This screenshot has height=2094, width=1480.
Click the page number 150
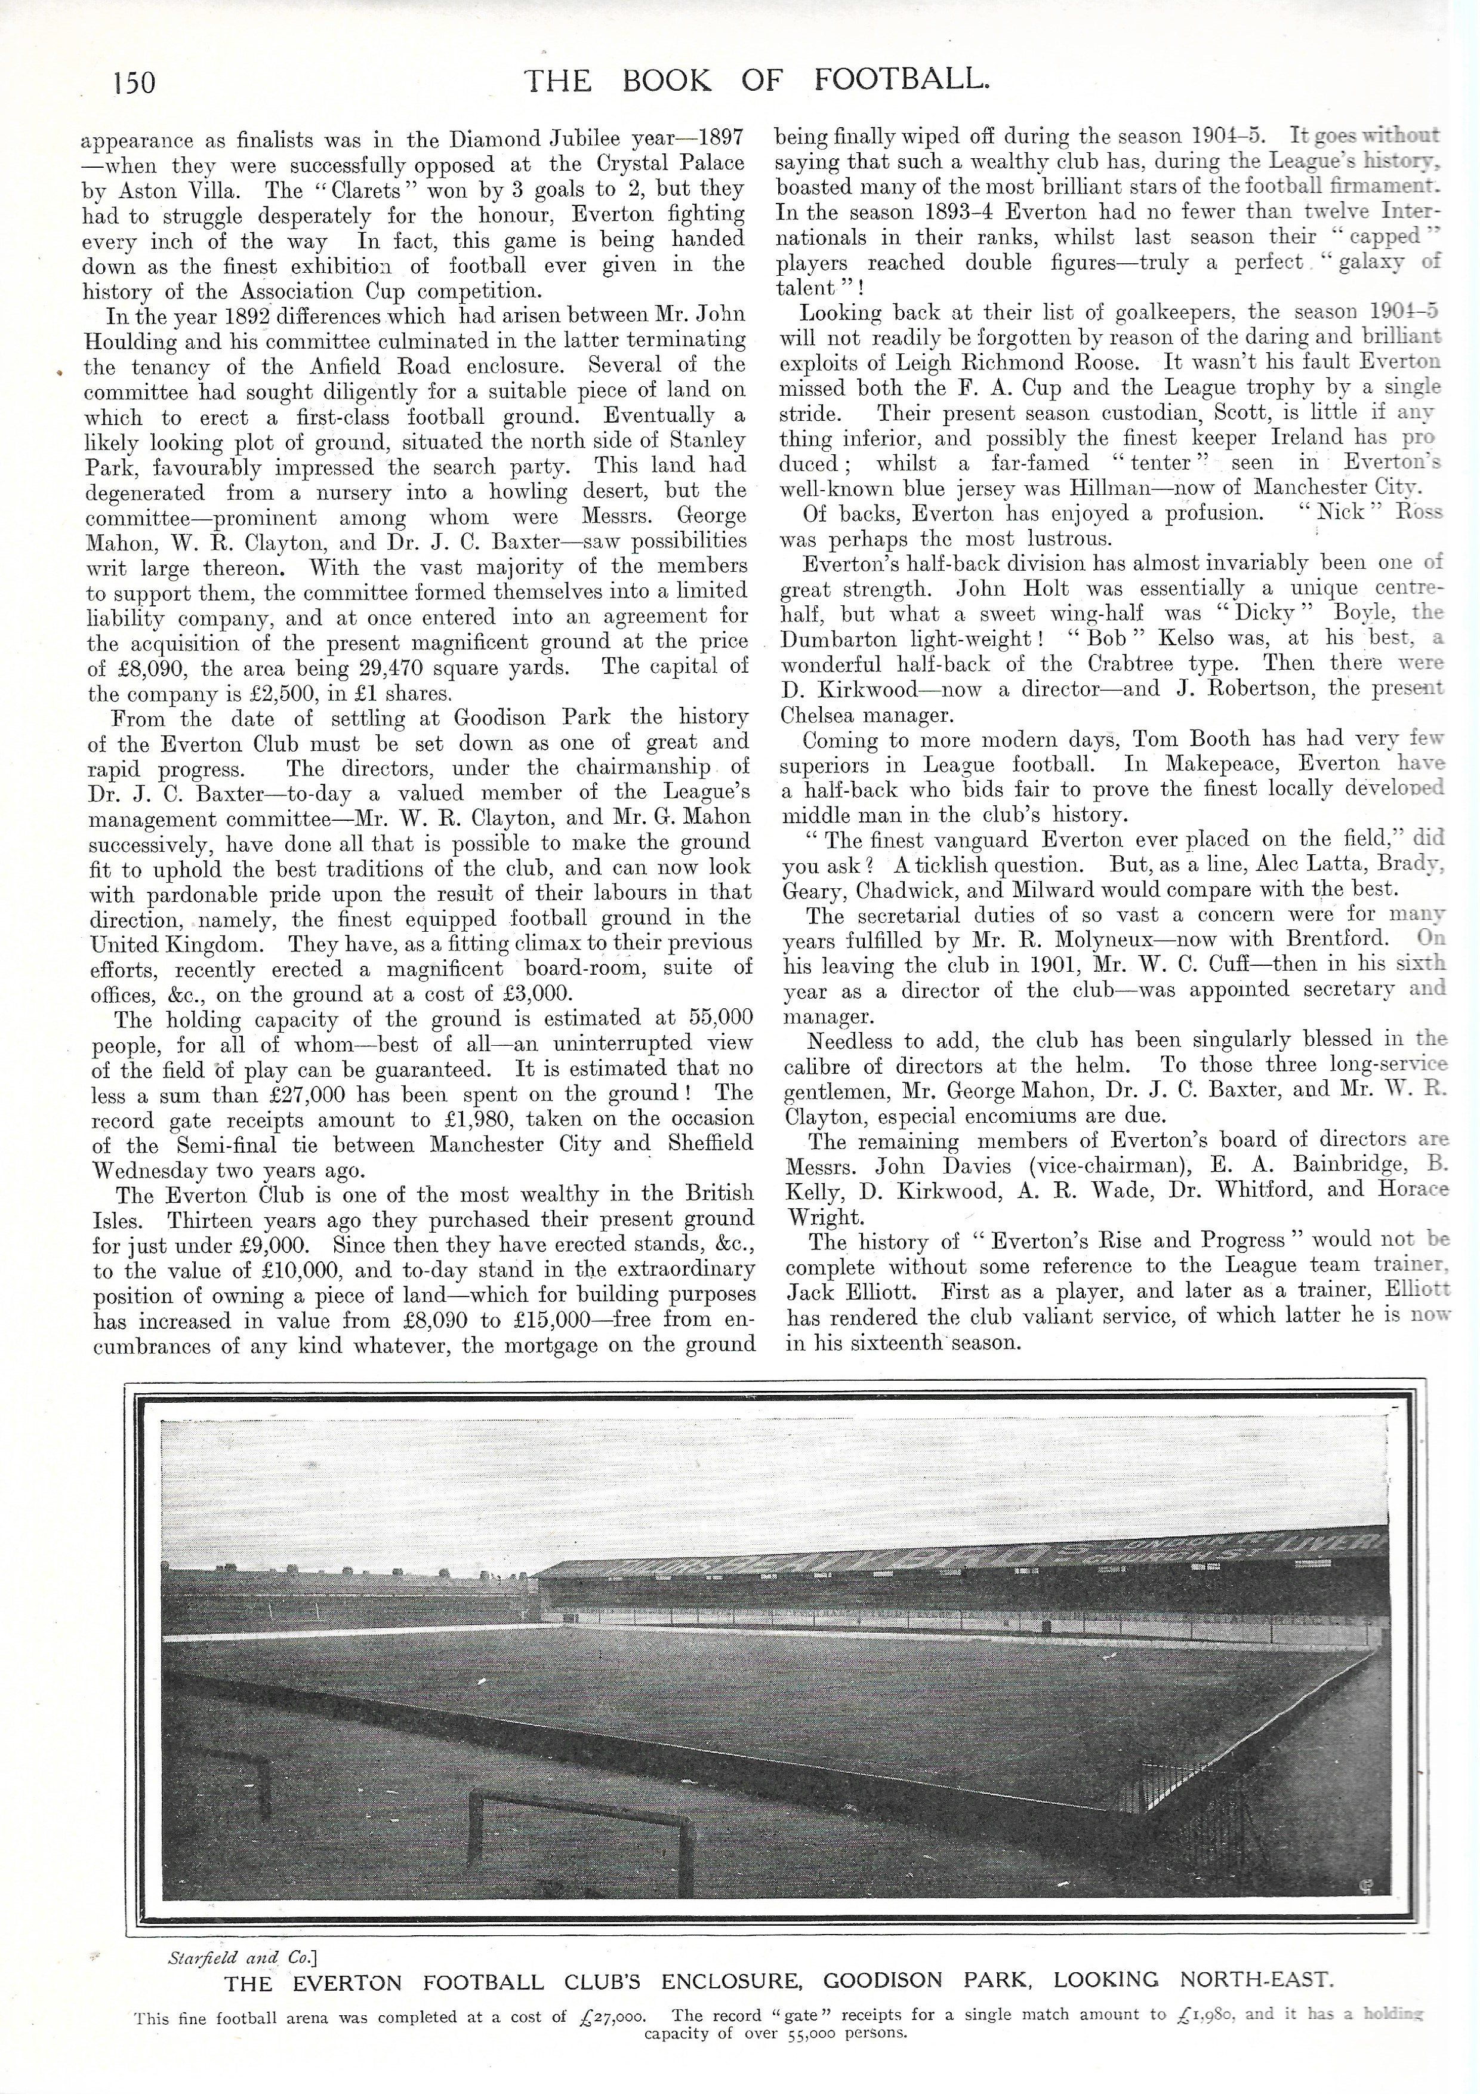coord(134,82)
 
